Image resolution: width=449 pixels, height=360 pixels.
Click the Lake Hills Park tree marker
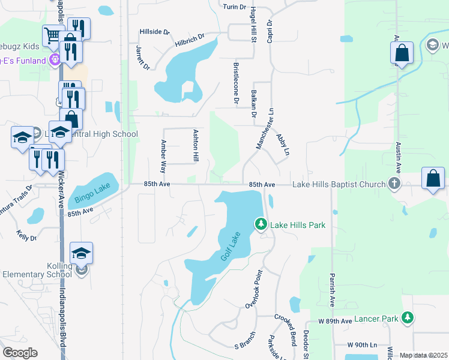261,224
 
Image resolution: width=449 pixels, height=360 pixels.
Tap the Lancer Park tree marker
408,316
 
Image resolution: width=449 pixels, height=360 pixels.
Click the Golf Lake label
229,246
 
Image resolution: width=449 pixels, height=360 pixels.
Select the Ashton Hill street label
195,145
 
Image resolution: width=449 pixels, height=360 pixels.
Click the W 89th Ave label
335,322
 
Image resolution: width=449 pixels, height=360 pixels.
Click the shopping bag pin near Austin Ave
402,53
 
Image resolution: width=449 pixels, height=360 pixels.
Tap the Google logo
20,353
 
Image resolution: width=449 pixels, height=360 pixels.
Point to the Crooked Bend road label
286,329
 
